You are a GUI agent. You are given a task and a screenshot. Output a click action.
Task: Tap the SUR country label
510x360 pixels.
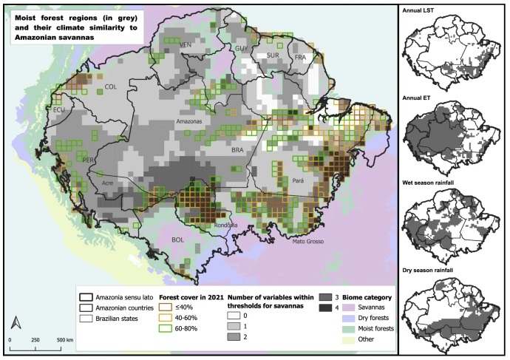coord(272,55)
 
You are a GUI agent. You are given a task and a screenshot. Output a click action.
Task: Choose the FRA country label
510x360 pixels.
coord(299,57)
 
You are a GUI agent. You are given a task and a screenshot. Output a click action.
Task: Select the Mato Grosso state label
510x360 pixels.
coord(308,240)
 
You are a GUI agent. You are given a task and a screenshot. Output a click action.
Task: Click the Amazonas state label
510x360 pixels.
coord(189,120)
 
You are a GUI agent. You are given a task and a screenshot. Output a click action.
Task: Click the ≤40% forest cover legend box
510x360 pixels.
coord(166,305)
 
